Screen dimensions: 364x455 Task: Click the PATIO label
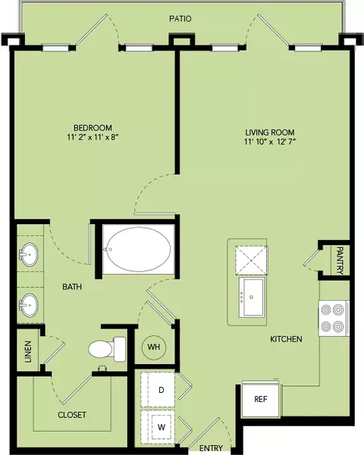coord(180,19)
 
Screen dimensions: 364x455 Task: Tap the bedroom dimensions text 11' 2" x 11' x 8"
coord(93,137)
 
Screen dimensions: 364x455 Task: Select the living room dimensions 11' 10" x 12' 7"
coord(270,142)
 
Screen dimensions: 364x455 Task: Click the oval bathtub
coord(138,249)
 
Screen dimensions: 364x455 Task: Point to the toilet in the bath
coord(107,349)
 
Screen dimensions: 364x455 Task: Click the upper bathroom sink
coord(29,254)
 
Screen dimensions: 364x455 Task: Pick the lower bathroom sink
coord(29,305)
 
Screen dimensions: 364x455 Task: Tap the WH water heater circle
coord(154,347)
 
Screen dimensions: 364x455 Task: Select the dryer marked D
coord(158,390)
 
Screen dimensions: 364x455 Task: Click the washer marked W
coord(158,427)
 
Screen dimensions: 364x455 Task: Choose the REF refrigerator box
coord(261,400)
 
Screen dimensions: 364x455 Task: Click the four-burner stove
coord(334,318)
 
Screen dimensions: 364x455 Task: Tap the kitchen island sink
coord(252,297)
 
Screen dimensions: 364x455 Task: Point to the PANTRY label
coord(340,260)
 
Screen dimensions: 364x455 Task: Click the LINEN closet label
coord(28,352)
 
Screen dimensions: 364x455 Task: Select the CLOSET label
coord(72,415)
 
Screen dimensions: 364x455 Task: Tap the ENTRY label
coord(211,448)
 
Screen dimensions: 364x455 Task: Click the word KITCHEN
coord(286,339)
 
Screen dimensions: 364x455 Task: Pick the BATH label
coord(72,287)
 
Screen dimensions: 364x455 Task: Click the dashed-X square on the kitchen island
coord(252,260)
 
